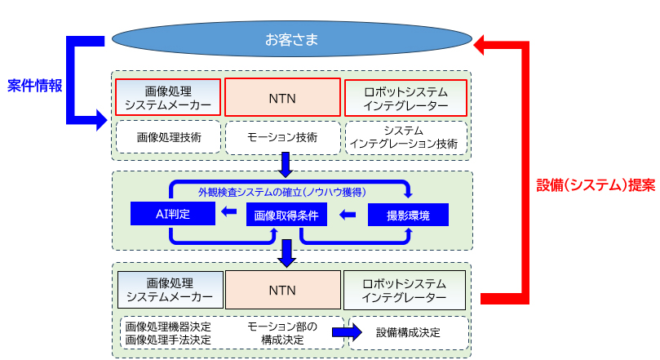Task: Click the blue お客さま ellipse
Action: [x=291, y=39]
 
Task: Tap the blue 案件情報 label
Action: [x=35, y=85]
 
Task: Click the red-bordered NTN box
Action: [x=281, y=98]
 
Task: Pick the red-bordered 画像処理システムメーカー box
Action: [x=168, y=97]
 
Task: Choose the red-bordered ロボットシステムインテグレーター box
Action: [x=405, y=97]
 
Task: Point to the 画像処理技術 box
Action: [x=168, y=136]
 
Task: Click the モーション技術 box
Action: [x=281, y=136]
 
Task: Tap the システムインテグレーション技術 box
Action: [x=405, y=136]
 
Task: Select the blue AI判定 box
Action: [x=172, y=215]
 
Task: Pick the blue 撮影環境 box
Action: [x=408, y=215]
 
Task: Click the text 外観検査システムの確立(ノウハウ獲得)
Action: [x=281, y=192]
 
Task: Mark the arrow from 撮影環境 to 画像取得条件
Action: [x=348, y=216]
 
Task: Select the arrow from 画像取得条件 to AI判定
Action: [x=229, y=215]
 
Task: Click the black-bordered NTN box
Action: [x=282, y=290]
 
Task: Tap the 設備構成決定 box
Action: [x=409, y=332]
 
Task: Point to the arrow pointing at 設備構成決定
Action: [x=346, y=332]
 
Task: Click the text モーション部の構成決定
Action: [x=276, y=332]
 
